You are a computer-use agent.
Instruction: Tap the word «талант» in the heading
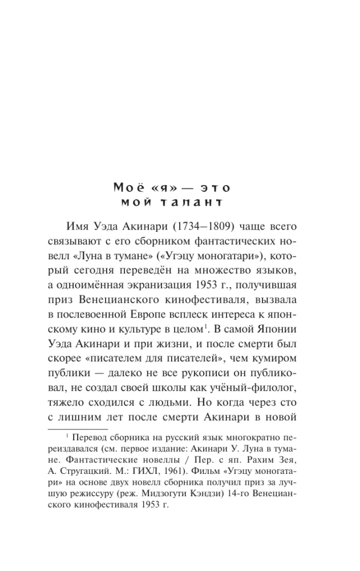tap(197, 202)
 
